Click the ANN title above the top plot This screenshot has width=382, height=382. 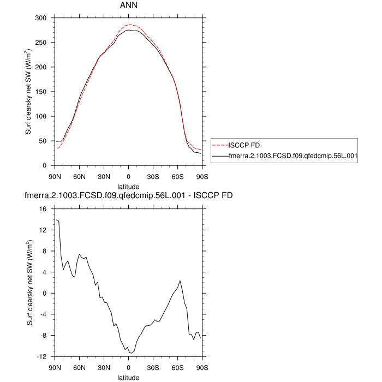pos(128,5)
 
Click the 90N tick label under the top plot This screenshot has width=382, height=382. pos(55,176)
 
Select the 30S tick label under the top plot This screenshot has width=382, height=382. pos(153,176)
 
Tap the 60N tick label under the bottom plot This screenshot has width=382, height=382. pos(80,367)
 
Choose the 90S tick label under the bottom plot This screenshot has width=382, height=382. pos(202,367)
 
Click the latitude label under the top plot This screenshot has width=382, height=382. pos(129,186)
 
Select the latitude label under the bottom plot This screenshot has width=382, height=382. pos(129,377)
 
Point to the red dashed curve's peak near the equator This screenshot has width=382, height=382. pos(129,25)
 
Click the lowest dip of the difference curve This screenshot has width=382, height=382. pos(130,354)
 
